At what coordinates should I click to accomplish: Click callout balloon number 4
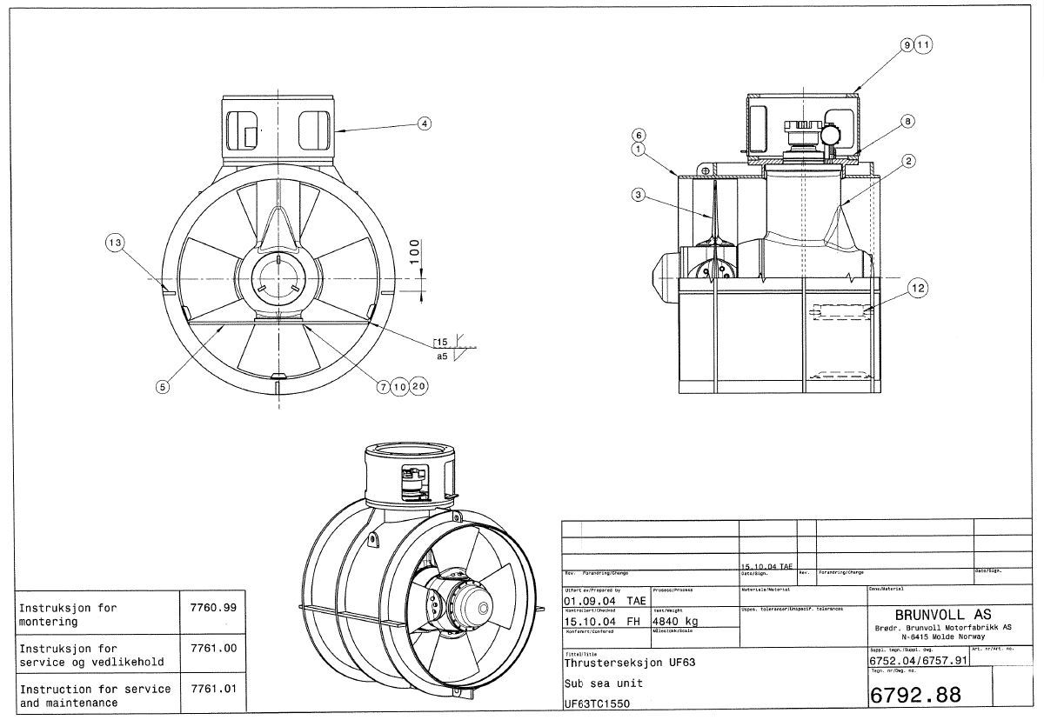click(x=425, y=123)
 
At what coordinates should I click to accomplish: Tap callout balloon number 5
click(x=162, y=388)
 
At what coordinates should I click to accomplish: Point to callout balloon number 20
click(x=419, y=388)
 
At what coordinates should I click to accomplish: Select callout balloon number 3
click(x=639, y=196)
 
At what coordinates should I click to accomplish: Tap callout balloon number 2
click(x=907, y=161)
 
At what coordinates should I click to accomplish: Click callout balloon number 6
click(x=638, y=136)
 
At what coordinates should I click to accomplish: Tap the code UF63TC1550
click(x=597, y=703)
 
